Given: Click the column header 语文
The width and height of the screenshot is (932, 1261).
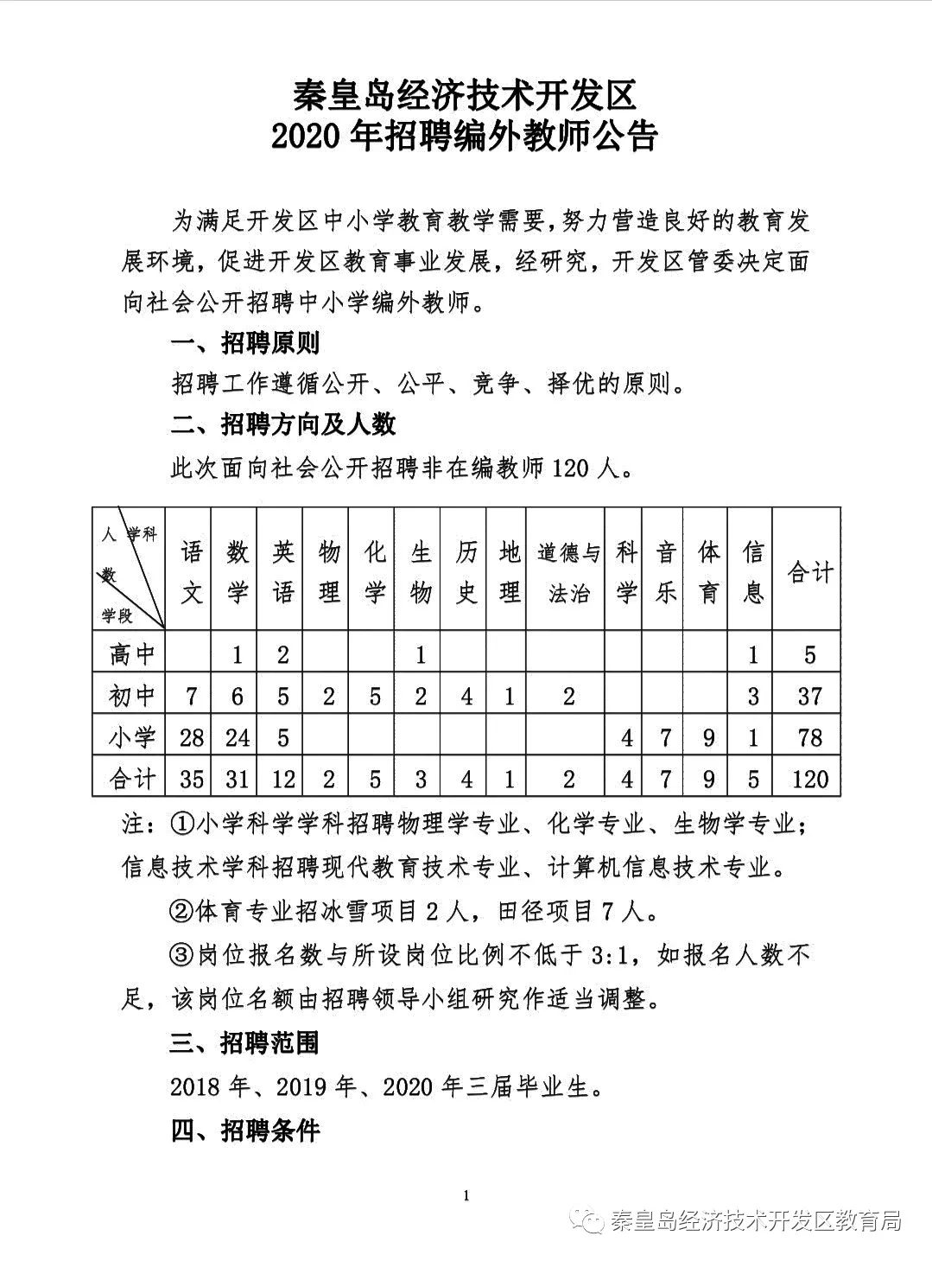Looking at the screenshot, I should click(x=192, y=571).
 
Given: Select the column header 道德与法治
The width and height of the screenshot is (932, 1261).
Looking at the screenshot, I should click(x=567, y=571).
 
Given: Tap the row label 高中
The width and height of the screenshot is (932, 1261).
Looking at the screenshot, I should click(x=131, y=654).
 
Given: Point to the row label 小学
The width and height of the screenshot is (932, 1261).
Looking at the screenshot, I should click(x=131, y=737).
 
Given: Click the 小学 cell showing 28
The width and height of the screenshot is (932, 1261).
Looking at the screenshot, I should click(x=192, y=737).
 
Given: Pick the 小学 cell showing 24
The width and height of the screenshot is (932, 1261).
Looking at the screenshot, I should click(x=237, y=737).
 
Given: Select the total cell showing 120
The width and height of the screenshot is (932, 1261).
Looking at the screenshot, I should click(x=808, y=779).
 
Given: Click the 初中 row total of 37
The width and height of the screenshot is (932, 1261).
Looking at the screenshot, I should click(x=808, y=696).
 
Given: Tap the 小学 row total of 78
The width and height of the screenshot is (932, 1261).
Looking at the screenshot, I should click(x=808, y=737).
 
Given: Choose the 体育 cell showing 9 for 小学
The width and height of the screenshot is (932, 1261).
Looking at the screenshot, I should click(x=707, y=737).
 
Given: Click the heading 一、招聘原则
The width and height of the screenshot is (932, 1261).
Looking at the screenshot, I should click(x=245, y=343).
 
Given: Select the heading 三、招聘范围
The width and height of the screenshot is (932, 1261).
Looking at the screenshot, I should click(x=245, y=1043).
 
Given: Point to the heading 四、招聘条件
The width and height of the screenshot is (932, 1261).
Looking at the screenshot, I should click(x=245, y=1130).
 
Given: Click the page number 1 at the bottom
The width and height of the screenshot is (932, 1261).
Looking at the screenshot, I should click(x=466, y=1196).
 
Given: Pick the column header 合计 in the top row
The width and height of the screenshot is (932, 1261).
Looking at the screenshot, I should click(x=808, y=571).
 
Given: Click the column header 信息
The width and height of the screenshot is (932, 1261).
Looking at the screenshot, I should click(x=752, y=571).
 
